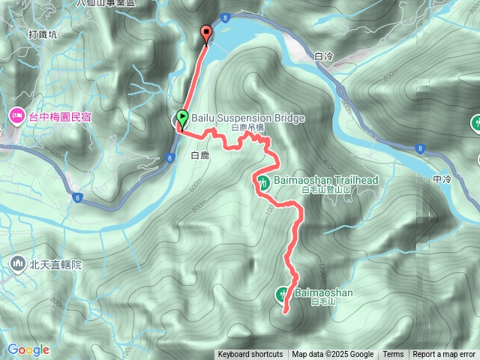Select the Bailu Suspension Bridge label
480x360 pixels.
tap(247, 118)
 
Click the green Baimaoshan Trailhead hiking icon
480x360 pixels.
tap(263, 181)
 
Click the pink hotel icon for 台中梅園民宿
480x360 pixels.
tap(15, 116)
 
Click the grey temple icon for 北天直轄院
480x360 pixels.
tap(17, 263)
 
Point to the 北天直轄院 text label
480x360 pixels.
tap(55, 264)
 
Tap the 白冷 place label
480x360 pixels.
tap(324, 56)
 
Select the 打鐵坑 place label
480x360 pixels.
tap(42, 34)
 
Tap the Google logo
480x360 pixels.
tap(28, 349)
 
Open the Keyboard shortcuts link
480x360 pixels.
tap(250, 355)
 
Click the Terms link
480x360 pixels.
tap(393, 355)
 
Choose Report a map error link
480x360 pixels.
tap(444, 355)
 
